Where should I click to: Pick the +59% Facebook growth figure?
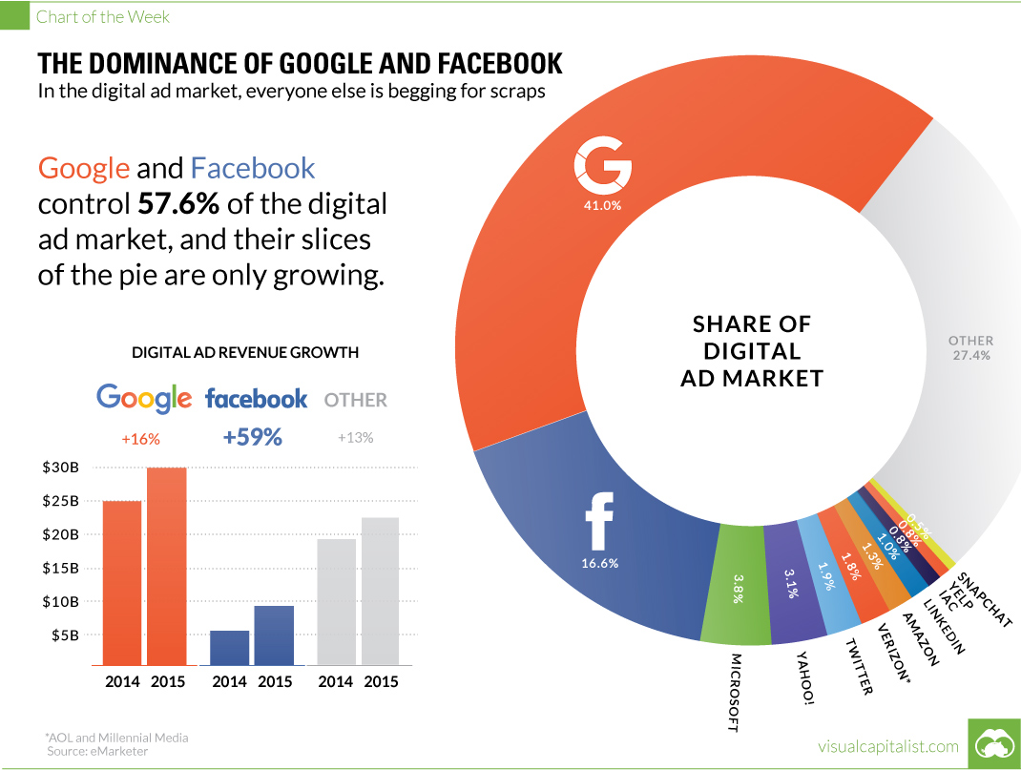pyautogui.click(x=253, y=437)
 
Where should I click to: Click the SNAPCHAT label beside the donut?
pyautogui.click(x=986, y=597)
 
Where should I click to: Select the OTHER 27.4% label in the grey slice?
pyautogui.click(x=970, y=347)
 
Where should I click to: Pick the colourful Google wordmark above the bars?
pyautogui.click(x=144, y=398)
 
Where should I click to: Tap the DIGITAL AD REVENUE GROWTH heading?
pyautogui.click(x=244, y=352)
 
